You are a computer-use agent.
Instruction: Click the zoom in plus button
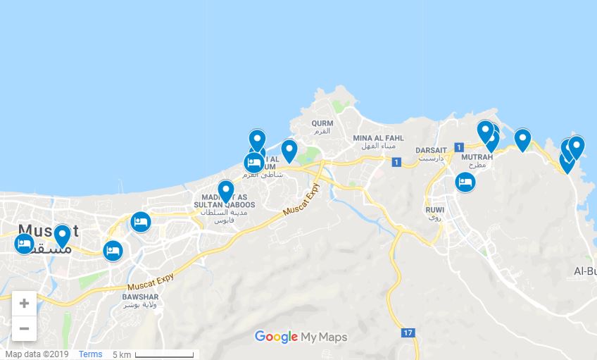tap(24, 304)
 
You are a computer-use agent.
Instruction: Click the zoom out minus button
tap(24, 328)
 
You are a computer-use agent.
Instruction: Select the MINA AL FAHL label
tap(378, 138)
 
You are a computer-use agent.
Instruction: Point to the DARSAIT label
tap(431, 150)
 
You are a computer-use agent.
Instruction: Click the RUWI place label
tap(434, 209)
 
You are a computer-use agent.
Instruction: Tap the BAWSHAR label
tap(140, 297)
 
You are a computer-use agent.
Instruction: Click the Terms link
tap(90, 354)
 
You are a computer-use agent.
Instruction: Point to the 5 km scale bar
tap(164, 354)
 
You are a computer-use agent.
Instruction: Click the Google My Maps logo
tap(301, 337)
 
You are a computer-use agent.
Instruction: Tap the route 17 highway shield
tap(408, 332)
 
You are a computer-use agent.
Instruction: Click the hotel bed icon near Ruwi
tap(464, 182)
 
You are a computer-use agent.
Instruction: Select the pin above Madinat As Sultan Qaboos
tap(225, 190)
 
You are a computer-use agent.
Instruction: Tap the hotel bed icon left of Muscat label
tap(24, 244)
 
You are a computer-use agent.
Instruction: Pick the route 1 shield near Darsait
tap(459, 147)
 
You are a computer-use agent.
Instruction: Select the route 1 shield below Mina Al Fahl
tap(396, 163)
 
